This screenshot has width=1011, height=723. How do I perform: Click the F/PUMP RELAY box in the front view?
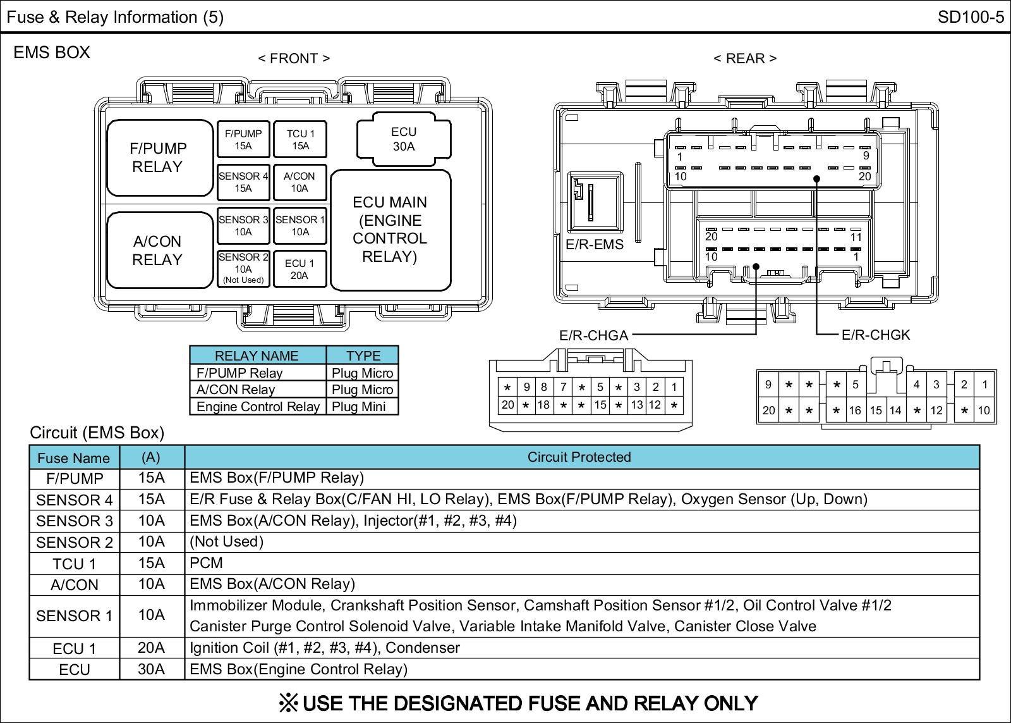159,158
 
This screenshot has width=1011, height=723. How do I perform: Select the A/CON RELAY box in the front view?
159,250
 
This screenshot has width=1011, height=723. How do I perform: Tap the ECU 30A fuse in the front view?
404,139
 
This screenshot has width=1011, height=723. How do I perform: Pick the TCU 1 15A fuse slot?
300,140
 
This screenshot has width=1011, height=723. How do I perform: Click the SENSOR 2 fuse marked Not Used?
243,268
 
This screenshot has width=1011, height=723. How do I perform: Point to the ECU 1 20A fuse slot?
300,269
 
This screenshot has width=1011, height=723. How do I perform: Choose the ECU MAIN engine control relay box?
390,229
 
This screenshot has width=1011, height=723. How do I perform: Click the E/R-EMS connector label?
594,245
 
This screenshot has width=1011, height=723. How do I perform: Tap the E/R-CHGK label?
876,335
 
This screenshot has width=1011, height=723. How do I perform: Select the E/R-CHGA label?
593,336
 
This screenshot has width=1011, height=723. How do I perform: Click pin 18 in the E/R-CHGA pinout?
543,405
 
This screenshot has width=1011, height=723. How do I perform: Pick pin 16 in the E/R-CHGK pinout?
855,411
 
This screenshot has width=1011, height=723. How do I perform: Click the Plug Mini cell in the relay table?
359,407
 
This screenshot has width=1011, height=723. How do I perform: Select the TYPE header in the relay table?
363,355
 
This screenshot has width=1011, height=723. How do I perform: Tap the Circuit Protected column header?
579,457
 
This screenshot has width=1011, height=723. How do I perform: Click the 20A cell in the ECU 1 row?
152,648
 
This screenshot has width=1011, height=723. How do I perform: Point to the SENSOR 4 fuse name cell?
75,500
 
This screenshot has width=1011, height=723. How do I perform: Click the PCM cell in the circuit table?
207,563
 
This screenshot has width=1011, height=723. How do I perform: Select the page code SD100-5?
971,17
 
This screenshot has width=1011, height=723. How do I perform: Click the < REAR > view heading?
745,59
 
